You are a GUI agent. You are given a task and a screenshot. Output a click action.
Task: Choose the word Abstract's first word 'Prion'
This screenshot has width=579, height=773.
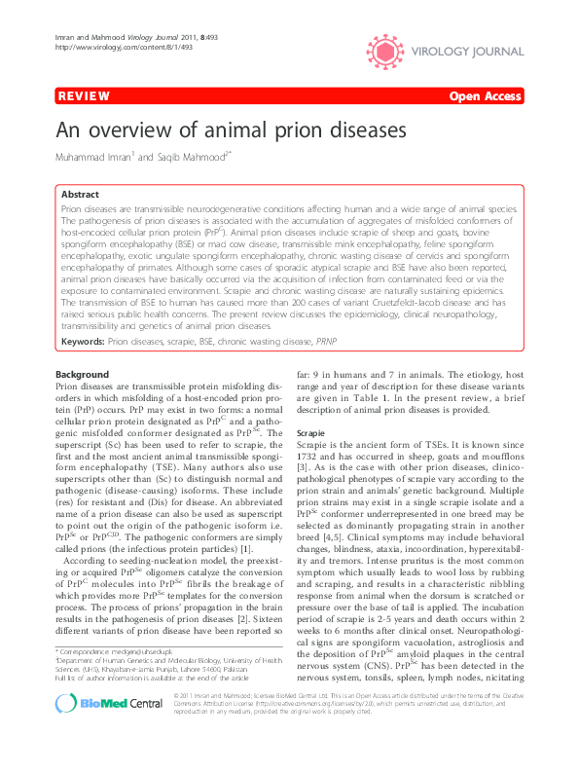[71, 209]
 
